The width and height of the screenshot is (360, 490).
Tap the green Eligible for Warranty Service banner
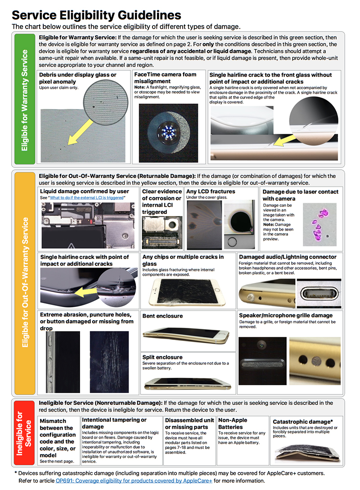(24, 100)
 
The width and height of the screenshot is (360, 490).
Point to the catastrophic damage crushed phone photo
(306, 453)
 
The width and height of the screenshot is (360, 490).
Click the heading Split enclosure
(162, 357)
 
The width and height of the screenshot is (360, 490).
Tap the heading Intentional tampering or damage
(114, 423)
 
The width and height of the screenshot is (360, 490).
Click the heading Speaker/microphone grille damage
(286, 315)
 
